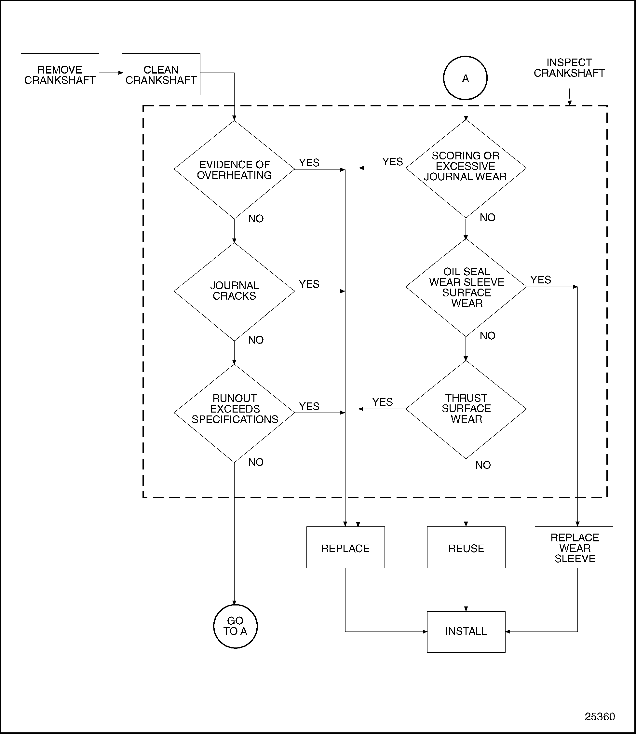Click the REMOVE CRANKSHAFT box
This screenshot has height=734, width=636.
(x=60, y=75)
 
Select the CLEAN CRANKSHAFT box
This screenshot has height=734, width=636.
(x=161, y=75)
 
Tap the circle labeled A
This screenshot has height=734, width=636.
(x=465, y=78)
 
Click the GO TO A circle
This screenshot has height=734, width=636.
(x=235, y=626)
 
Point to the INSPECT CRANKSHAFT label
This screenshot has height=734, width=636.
(x=569, y=68)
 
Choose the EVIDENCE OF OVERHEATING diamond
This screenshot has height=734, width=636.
(x=234, y=170)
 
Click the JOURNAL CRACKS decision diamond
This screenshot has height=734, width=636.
(x=234, y=291)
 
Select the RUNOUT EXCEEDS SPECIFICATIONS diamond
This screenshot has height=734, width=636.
(x=234, y=413)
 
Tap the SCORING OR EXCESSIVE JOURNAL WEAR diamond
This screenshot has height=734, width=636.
(x=466, y=168)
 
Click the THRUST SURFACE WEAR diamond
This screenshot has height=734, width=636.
(x=466, y=409)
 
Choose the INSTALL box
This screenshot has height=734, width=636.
(x=466, y=632)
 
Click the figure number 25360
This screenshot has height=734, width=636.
(x=600, y=717)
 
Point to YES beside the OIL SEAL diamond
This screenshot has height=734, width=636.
(x=541, y=280)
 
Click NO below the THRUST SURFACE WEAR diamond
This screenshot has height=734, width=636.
(x=483, y=465)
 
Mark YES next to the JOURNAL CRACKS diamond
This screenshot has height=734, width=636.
(x=309, y=284)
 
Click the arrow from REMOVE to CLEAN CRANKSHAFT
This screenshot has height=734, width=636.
(x=110, y=73)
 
